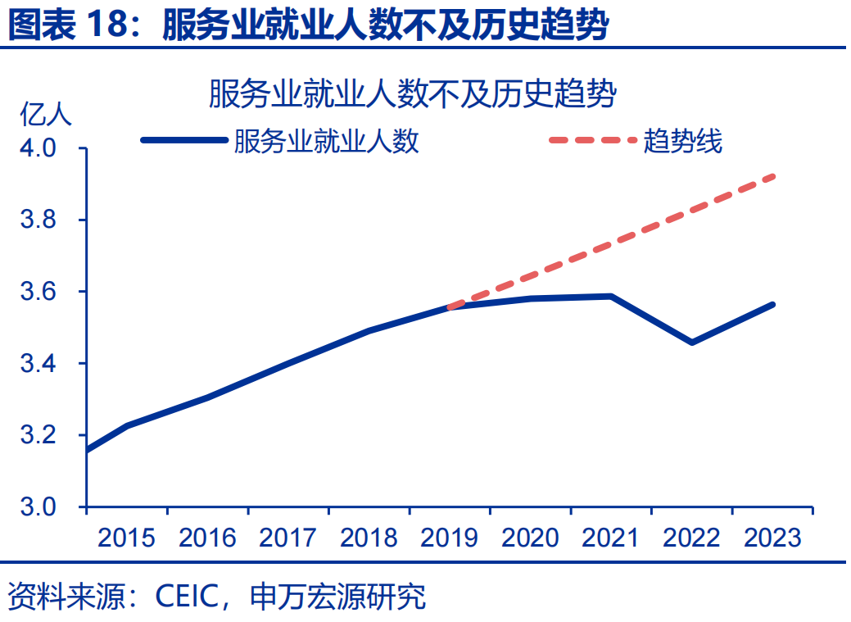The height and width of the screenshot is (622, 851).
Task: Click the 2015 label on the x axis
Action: click(x=126, y=538)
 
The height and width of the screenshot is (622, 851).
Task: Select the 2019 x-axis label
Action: click(x=449, y=538)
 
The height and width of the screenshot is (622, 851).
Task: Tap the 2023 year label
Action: click(x=772, y=538)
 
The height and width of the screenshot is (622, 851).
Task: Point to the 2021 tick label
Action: click(x=610, y=538)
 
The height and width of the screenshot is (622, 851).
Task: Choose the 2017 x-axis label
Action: click(x=287, y=538)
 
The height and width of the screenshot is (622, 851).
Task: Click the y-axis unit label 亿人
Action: click(x=46, y=115)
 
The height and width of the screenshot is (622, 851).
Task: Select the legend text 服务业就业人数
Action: click(x=326, y=141)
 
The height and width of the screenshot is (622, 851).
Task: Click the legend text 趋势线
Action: click(x=683, y=141)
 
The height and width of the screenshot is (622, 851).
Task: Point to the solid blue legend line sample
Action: click(x=183, y=140)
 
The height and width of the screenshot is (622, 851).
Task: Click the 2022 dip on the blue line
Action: click(x=692, y=342)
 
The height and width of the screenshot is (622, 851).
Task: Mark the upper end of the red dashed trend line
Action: click(x=773, y=176)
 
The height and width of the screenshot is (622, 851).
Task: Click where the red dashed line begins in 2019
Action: click(x=450, y=307)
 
